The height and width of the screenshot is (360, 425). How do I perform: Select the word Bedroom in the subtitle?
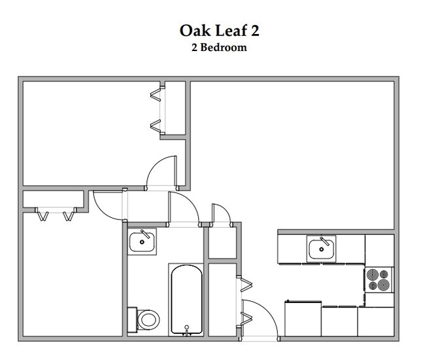coord(224,47)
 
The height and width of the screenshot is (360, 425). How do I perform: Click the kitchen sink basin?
coord(322,249)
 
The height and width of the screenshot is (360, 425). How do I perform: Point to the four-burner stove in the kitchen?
coord(379,280)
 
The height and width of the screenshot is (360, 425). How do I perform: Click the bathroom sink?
coord(142,242)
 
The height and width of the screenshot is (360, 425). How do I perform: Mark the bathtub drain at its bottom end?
coord(188,325)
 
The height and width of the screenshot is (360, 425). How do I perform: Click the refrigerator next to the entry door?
coord(301,319)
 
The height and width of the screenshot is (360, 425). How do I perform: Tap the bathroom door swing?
coord(183,208)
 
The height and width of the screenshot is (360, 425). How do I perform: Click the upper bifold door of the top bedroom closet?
coord(156,94)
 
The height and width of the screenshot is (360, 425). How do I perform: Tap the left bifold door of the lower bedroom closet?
coord(42,215)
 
